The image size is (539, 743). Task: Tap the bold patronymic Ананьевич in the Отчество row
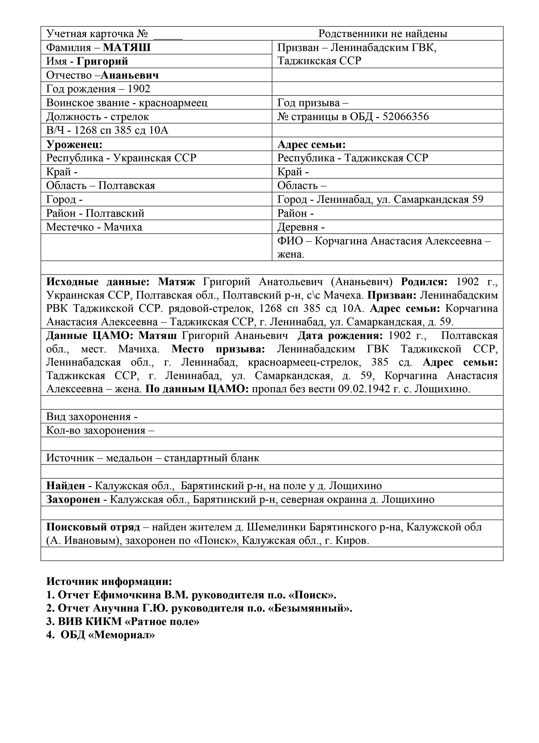tap(130, 75)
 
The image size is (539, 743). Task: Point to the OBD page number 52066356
tap(406, 117)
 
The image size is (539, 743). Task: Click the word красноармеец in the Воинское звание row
tap(173, 103)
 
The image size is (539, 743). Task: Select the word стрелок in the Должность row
tap(130, 117)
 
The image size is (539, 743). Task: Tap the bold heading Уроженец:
tap(74, 144)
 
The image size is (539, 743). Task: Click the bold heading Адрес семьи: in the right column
tap(312, 144)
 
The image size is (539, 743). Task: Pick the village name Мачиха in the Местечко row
tap(123, 227)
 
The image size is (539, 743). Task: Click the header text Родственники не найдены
tap(383, 34)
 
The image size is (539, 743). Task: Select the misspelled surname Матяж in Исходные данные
tap(176, 282)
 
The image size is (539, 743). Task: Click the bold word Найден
tap(66, 485)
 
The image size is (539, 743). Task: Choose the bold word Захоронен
tap(73, 499)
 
